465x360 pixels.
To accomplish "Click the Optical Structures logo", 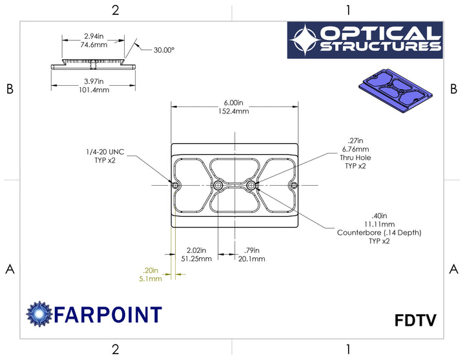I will pos(365,40).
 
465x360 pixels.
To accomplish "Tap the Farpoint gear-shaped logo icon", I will pos(38,314).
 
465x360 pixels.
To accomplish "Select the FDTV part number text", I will pos(415,321).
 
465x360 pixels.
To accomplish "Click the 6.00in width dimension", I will pos(233,103).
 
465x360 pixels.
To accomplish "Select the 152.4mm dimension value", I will pos(233,112).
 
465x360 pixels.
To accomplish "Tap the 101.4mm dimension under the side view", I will pos(94,90).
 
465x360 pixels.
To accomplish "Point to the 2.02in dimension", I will pos(196,250).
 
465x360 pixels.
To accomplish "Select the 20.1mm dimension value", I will pos(251,259).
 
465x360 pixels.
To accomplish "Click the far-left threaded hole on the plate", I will pos(177,186).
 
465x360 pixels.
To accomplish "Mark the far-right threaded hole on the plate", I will pos(293,186).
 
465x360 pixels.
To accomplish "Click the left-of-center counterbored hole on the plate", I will pos(217,186).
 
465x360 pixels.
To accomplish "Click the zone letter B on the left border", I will pos(10,90).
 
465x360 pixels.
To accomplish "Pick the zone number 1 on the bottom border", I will pos(348,349).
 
